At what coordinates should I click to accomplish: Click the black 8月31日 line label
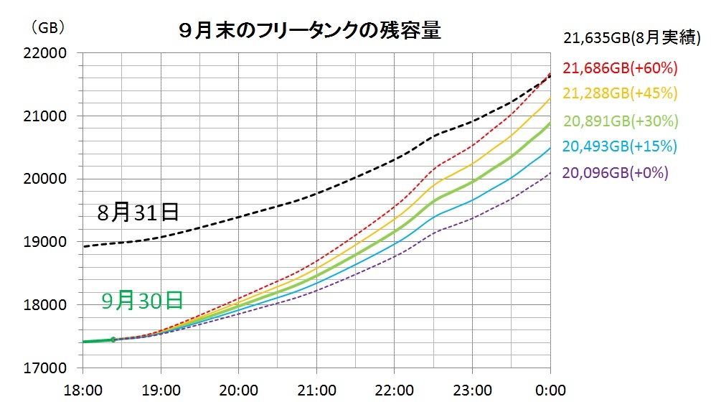point(137,212)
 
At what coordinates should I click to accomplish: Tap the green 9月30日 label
point(141,300)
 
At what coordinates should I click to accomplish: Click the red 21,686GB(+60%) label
point(621,68)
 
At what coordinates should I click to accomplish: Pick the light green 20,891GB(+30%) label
point(621,121)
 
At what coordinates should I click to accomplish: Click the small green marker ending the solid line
point(113,339)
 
